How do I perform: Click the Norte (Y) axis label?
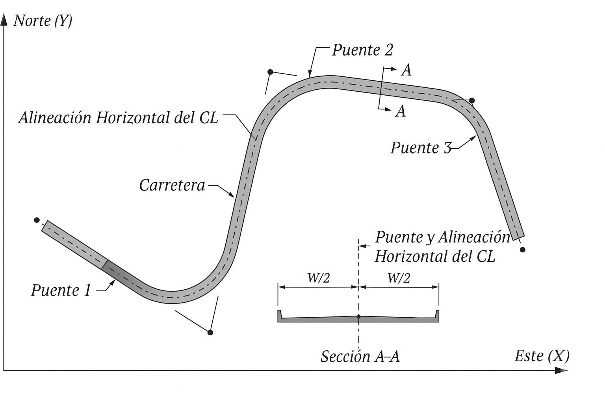pyautogui.click(x=43, y=21)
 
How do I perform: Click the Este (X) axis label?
pyautogui.click(x=542, y=356)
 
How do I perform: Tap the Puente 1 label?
pyautogui.click(x=61, y=291)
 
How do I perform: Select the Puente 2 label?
pyautogui.click(x=362, y=50)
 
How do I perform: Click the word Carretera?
pyautogui.click(x=172, y=185)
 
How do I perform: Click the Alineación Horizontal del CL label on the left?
pyautogui.click(x=118, y=118)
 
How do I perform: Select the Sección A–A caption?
pyautogui.click(x=360, y=357)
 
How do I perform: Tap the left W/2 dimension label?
pyautogui.click(x=318, y=278)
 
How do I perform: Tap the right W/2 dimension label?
pyautogui.click(x=399, y=278)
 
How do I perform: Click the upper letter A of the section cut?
pyautogui.click(x=406, y=70)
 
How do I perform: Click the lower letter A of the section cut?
pyautogui.click(x=401, y=111)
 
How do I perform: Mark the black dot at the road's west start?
pyautogui.click(x=37, y=220)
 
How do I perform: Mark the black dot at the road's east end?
pyautogui.click(x=523, y=250)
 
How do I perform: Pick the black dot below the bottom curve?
pyautogui.click(x=210, y=333)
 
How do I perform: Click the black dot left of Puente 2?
pyautogui.click(x=270, y=72)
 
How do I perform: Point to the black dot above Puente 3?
pyautogui.click(x=472, y=101)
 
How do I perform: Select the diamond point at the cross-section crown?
pyautogui.click(x=358, y=316)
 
